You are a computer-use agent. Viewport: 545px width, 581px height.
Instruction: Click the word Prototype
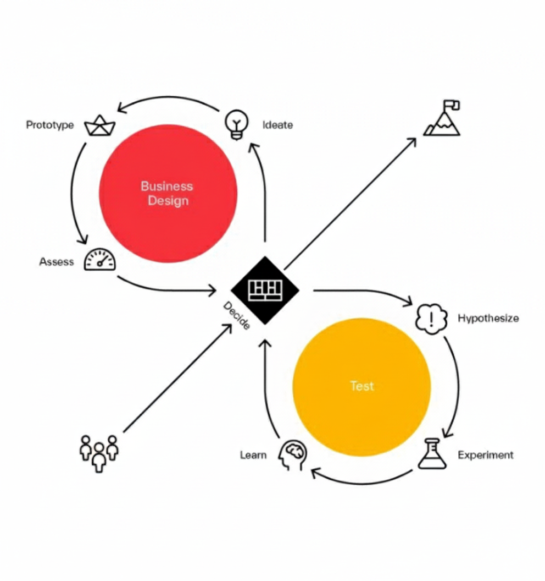[x=50, y=125]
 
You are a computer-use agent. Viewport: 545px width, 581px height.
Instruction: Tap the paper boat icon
[x=99, y=125]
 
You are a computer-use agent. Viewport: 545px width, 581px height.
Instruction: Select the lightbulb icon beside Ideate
[x=237, y=124]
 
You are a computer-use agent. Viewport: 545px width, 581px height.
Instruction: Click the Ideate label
[x=277, y=125]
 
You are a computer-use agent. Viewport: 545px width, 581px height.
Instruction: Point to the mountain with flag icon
[x=442, y=118]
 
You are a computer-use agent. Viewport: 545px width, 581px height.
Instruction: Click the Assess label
[x=56, y=261]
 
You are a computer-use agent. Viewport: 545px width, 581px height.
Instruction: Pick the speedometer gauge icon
[x=100, y=259]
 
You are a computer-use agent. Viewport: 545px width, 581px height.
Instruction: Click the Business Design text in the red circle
[x=167, y=193]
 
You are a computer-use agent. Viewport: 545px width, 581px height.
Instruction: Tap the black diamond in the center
[x=265, y=290]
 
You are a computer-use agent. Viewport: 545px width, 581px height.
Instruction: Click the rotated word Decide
[x=237, y=315]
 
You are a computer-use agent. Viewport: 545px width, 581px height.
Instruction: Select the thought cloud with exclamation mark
[x=431, y=319]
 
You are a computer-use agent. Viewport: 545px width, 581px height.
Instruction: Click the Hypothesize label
[x=488, y=319]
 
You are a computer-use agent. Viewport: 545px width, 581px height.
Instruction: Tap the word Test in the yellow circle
[x=362, y=386]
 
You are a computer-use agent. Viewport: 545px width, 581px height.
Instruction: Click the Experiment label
[x=486, y=455]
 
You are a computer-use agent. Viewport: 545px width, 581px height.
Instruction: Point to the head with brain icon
[x=292, y=454]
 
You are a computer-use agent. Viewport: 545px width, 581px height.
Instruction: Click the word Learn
[x=253, y=454]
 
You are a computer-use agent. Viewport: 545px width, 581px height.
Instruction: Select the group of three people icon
[x=99, y=453]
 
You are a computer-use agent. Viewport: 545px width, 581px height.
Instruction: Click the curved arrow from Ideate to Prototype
[x=168, y=97]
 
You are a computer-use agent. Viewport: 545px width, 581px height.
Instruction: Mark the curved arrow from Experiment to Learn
[x=363, y=484]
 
